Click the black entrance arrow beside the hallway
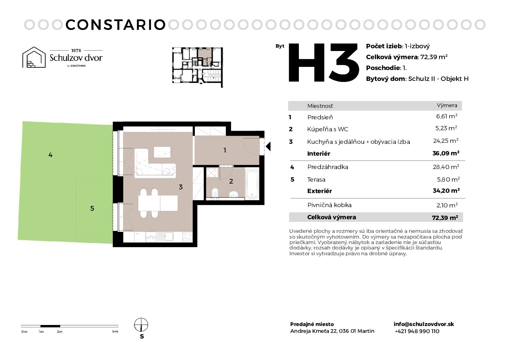(x=268, y=146)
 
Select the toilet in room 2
(x=215, y=193)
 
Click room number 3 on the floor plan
(x=181, y=187)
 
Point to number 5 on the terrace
(x=92, y=208)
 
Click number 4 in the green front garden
(x=50, y=155)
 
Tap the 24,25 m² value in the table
(x=446, y=141)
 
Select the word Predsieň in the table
(x=320, y=117)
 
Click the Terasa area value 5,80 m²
(x=448, y=179)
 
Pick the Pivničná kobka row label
(x=329, y=205)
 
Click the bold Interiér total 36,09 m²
(x=446, y=153)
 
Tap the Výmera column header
(x=447, y=105)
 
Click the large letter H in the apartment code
(x=307, y=63)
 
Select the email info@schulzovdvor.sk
(x=424, y=324)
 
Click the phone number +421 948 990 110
(x=417, y=331)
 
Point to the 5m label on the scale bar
(x=115, y=331)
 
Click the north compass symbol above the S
(x=141, y=325)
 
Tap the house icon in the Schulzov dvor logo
(x=34, y=57)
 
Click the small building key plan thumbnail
(x=198, y=67)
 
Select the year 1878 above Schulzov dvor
(x=76, y=50)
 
